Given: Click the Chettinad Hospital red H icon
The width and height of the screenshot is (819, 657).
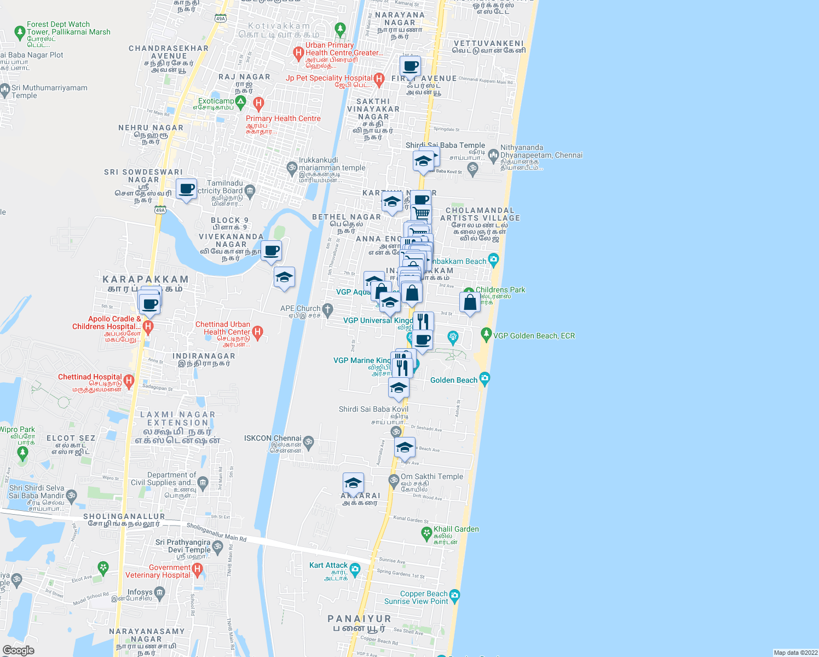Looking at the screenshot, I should coord(129,381).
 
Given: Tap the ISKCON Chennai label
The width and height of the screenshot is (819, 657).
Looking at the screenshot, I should coord(273,439).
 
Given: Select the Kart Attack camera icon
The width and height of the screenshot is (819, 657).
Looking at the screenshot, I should coord(355,570).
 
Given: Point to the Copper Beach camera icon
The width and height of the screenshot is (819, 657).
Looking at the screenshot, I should coord(454,595).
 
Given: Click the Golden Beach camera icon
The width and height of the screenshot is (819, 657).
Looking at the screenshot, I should coord(484,378).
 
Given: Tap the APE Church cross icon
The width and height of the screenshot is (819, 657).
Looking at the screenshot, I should coord(327,309).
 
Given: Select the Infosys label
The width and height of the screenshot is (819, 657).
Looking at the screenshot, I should coord(140,592).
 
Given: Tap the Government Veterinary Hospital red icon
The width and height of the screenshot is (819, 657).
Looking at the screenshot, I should coord(197,570).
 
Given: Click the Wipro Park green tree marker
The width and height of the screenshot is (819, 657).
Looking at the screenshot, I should coord(22,453).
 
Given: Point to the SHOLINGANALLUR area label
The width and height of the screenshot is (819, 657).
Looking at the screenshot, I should coord(124,516).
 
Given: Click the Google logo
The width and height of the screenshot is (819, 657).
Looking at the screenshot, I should coord(18,650).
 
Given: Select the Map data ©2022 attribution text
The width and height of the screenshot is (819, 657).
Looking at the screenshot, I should coord(795,653).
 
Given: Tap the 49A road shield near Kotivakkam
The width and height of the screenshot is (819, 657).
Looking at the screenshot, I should coord(220,18).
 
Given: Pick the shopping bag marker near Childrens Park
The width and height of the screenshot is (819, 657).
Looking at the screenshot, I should coord(470,302).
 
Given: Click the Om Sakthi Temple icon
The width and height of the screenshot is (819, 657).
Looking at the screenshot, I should coord(393,481).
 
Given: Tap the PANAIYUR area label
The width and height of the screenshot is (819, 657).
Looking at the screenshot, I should coord(359,619).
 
